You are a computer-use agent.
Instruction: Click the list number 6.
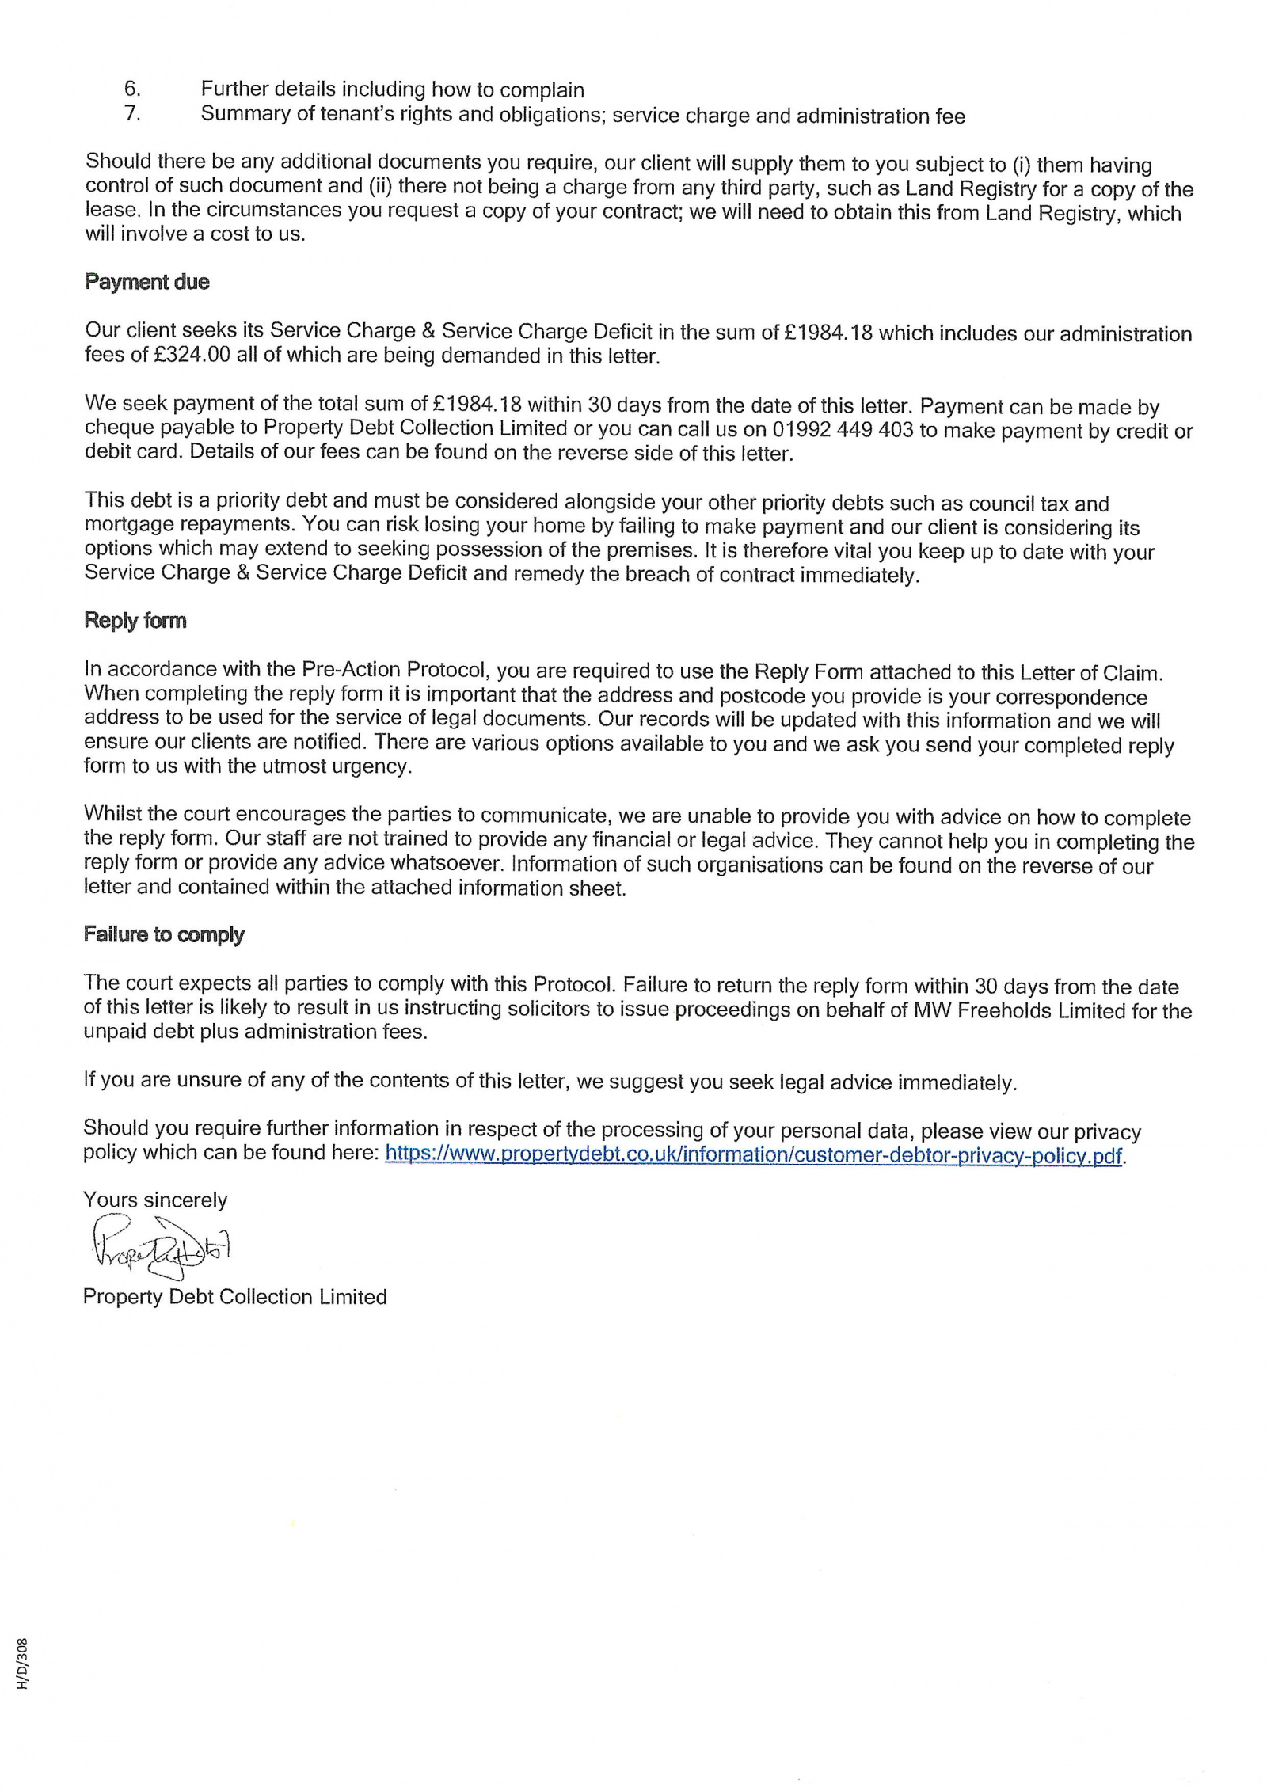click(132, 88)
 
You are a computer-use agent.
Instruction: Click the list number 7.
click(132, 112)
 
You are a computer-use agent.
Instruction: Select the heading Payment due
click(147, 282)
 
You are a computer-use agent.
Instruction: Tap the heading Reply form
click(135, 620)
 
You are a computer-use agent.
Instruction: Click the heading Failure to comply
click(164, 934)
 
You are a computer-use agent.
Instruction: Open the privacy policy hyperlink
click(753, 1154)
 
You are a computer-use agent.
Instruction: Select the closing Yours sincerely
click(155, 1200)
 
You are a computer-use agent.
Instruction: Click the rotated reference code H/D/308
click(23, 1675)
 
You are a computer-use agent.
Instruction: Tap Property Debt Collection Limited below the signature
click(234, 1297)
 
